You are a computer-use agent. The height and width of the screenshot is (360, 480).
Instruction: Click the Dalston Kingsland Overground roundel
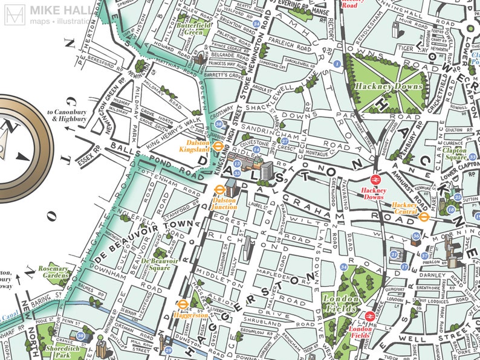tap(219, 146)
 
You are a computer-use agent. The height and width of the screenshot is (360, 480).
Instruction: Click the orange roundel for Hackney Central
tap(424, 216)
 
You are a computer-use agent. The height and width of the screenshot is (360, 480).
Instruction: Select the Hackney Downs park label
tap(379, 87)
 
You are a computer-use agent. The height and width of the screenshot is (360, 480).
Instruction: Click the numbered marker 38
tap(218, 124)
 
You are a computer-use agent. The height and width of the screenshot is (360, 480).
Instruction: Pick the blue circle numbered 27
tap(285, 141)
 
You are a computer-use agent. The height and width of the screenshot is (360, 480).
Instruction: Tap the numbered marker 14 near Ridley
tap(256, 149)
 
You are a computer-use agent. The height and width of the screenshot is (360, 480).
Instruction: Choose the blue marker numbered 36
tap(415, 236)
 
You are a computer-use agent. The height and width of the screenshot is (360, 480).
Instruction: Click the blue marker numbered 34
tap(343, 266)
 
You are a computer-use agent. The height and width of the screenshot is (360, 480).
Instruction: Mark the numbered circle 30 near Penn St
tap(80, 335)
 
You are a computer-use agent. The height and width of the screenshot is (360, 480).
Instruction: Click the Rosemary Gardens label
tap(53, 272)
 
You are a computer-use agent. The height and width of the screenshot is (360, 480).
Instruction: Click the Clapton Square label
tap(454, 153)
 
